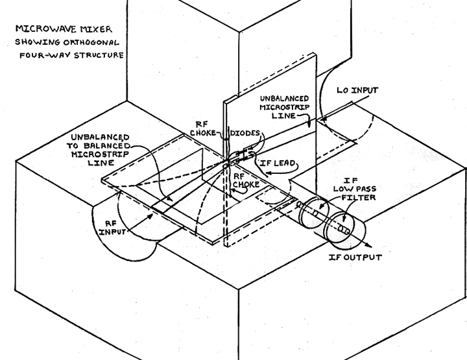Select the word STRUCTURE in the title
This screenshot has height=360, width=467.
pyautogui.click(x=99, y=55)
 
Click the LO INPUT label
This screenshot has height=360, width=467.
pyautogui.click(x=357, y=90)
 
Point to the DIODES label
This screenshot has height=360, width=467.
pyautogui.click(x=245, y=133)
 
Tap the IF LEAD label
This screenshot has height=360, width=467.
pyautogui.click(x=278, y=163)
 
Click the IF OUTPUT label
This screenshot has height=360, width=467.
pyautogui.click(x=355, y=258)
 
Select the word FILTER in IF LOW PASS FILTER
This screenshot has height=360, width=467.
pyautogui.click(x=358, y=197)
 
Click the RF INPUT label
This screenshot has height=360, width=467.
pyautogui.click(x=112, y=228)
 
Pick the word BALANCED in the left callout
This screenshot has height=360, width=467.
pyautogui.click(x=107, y=146)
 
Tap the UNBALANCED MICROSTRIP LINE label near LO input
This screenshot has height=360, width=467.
pyautogui.click(x=284, y=107)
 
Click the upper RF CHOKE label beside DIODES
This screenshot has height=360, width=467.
pyautogui.click(x=203, y=128)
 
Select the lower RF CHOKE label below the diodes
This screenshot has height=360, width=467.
pyautogui.click(x=246, y=181)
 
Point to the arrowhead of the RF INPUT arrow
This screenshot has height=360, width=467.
pyautogui.click(x=150, y=215)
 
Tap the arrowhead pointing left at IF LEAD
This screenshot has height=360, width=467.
pyautogui.click(x=268, y=173)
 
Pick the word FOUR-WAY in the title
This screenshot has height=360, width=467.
pyautogui.click(x=45, y=55)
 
